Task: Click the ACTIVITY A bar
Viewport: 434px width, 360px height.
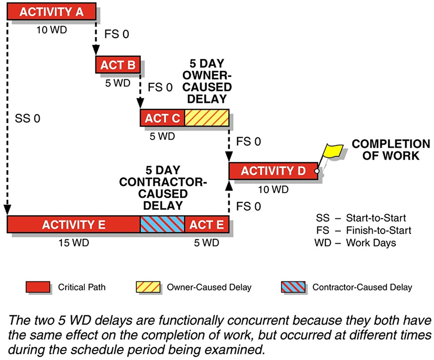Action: coord(51,12)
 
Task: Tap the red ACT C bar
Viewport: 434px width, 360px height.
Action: coord(162,118)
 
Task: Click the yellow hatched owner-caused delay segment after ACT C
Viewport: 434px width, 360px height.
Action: coord(206,118)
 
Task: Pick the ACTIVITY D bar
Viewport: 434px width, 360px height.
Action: coord(273,171)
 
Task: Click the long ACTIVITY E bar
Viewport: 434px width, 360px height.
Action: coord(73,224)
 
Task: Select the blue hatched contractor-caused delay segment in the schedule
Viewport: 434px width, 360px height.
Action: coord(162,224)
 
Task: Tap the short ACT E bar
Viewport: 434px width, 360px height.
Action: coord(206,224)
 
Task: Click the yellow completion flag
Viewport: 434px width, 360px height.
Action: coord(333,149)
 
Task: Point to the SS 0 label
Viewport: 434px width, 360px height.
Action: coord(28,119)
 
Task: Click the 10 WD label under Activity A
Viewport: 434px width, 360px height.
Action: coord(52,29)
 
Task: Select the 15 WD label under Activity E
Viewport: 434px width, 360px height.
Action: coord(74,243)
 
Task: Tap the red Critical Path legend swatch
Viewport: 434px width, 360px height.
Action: coord(38,287)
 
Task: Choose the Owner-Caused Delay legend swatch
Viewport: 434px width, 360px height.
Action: coord(148,287)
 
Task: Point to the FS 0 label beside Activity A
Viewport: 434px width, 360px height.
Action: coord(116,36)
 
